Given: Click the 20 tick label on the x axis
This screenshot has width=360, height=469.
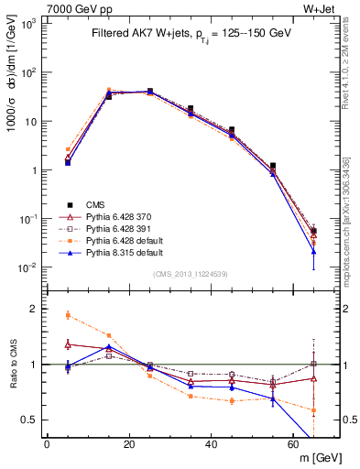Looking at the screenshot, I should pyautogui.click(x=129, y=444).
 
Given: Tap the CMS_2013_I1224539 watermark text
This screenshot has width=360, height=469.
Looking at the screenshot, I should pyautogui.click(x=190, y=274).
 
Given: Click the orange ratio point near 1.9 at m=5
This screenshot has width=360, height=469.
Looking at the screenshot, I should pyautogui.click(x=68, y=315).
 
